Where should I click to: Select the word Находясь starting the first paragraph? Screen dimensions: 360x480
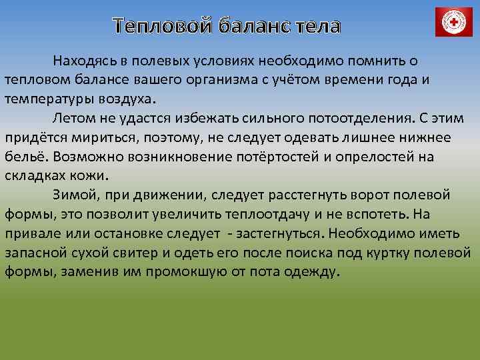point(86,61)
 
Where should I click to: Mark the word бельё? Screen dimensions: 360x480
point(25,158)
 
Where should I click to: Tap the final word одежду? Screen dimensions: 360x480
point(311,273)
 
